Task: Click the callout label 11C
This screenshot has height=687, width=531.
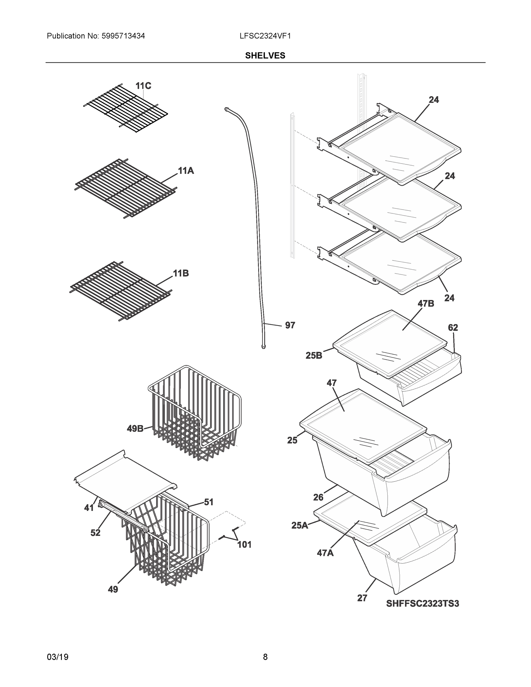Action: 143,86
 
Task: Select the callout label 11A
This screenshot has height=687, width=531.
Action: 185,171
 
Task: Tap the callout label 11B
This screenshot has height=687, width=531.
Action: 181,273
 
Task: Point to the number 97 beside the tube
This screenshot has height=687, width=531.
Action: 290,325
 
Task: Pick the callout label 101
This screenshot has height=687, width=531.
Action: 244,544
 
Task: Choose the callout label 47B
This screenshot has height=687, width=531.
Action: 426,303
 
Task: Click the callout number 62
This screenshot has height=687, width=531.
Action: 453,327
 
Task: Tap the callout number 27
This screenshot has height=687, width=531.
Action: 362,598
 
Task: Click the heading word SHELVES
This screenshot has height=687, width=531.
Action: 265,56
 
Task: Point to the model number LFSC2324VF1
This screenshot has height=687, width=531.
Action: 265,36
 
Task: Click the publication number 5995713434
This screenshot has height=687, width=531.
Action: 123,36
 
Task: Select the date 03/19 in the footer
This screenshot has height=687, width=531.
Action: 58,657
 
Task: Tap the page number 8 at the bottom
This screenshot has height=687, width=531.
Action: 265,657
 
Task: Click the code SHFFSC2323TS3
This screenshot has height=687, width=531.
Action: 423,604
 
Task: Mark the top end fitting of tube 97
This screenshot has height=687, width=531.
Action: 226,109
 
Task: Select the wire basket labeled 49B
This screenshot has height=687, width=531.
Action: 195,412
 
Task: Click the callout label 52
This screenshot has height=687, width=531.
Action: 95,533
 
